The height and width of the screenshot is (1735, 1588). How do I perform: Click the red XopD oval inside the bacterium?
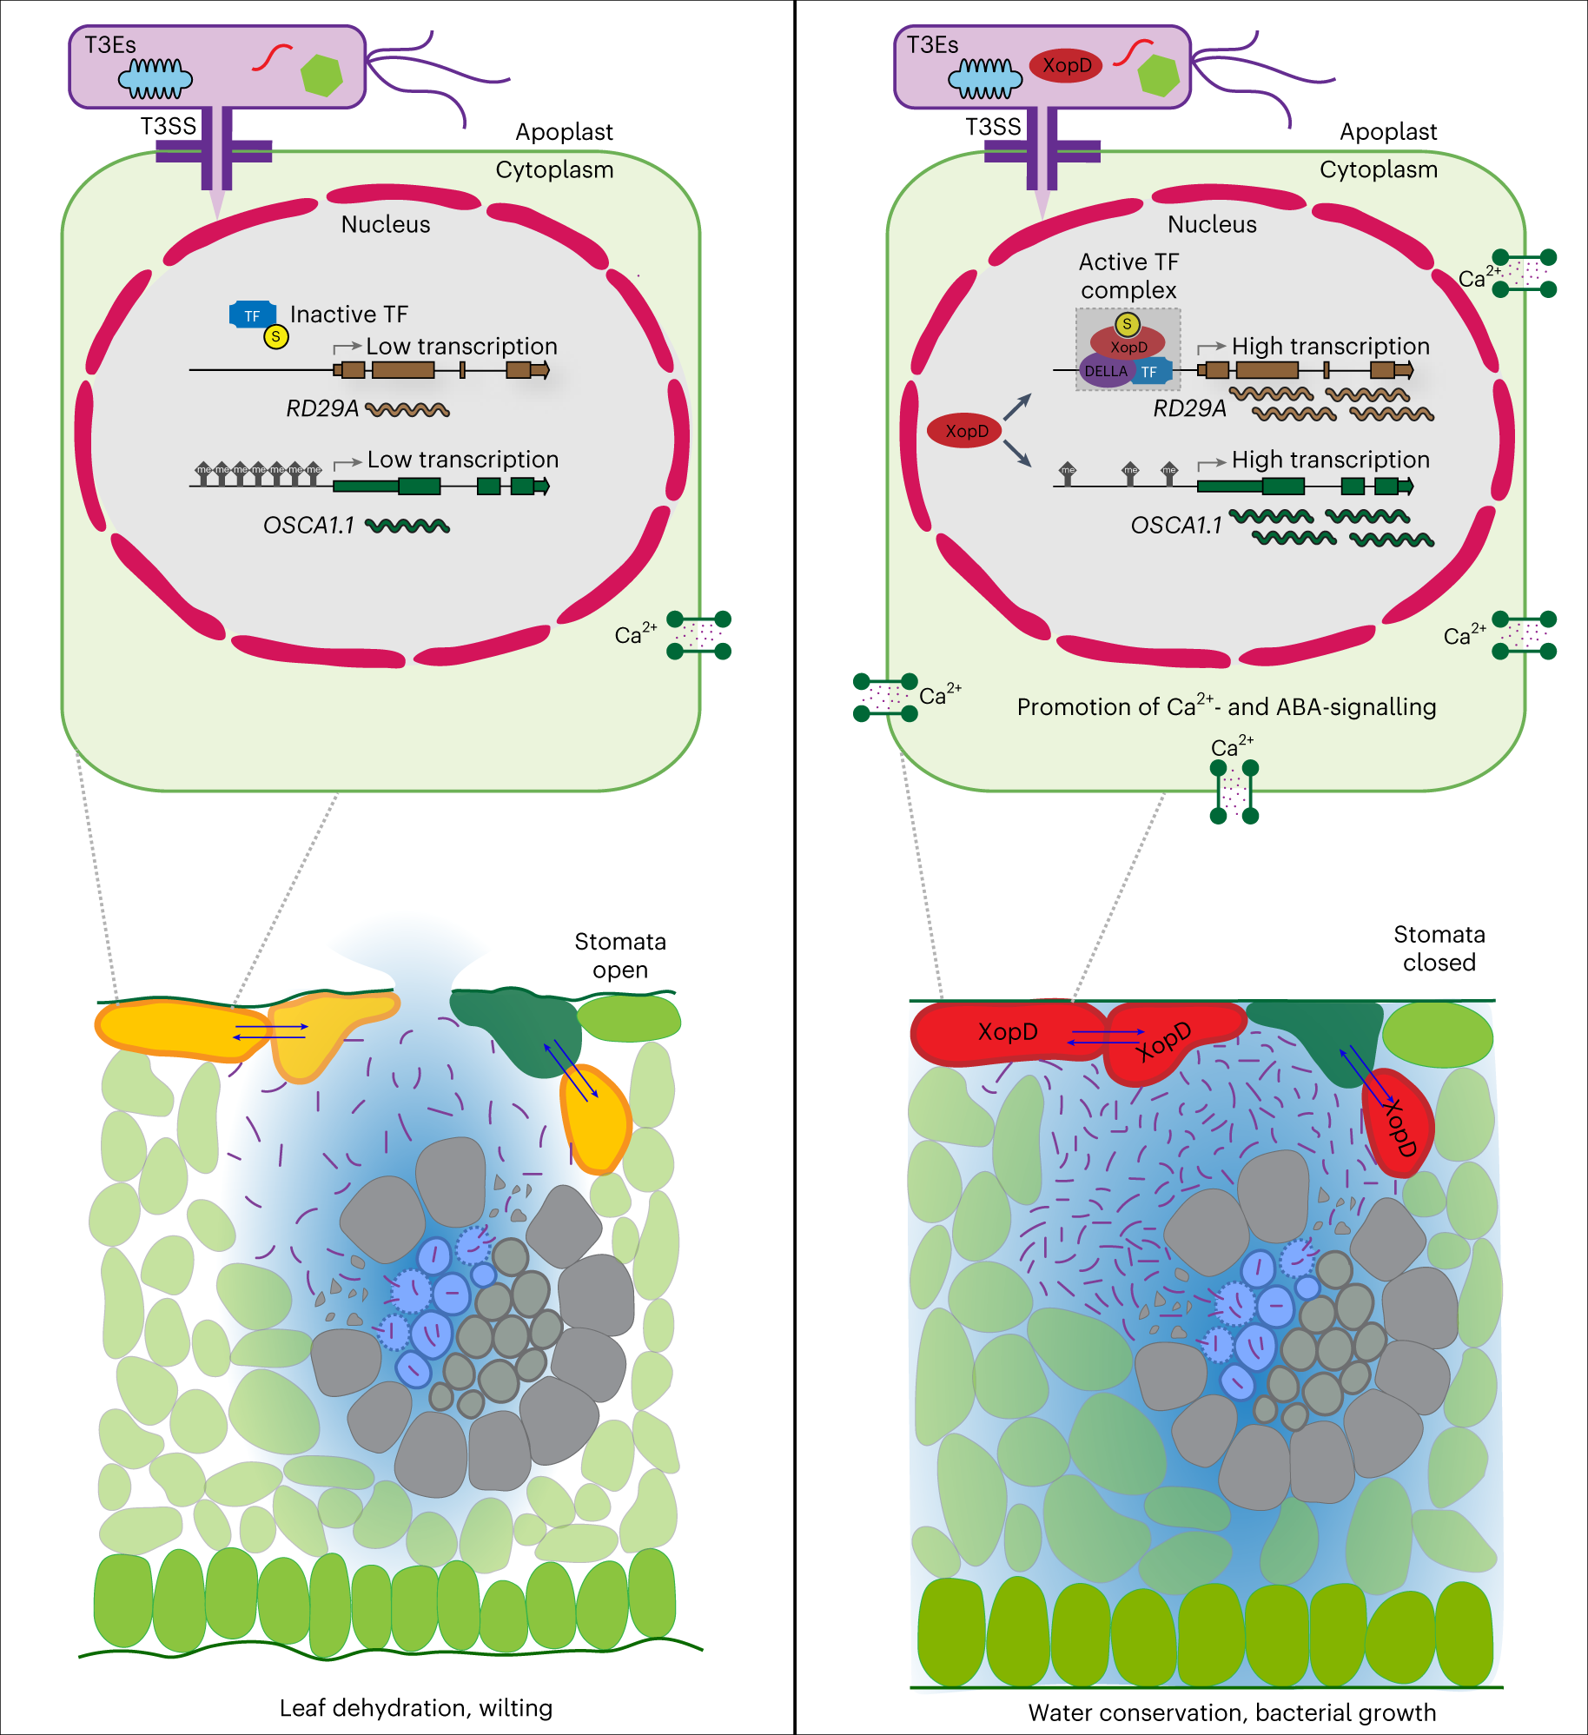pos(1066,66)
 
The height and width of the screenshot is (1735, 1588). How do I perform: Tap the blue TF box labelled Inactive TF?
pos(252,315)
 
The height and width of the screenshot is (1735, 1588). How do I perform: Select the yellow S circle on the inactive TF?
pos(276,336)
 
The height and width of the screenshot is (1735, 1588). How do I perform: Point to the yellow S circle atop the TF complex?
pos(1127,324)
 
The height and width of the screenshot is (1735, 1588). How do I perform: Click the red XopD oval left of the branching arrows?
pos(965,431)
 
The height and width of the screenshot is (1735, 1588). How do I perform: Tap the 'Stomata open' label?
pos(620,955)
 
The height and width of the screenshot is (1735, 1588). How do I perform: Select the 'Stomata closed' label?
pos(1439,948)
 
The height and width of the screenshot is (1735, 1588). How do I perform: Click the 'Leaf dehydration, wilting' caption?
pos(415,1707)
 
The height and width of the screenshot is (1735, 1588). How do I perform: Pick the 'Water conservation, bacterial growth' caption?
pos(1232,1712)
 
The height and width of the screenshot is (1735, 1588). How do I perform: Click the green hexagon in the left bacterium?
pos(321,75)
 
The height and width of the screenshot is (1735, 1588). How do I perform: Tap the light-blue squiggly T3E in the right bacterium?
pos(985,79)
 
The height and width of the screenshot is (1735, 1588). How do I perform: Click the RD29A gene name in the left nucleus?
pos(322,408)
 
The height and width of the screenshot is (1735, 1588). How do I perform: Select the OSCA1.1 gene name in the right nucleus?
pos(1175,526)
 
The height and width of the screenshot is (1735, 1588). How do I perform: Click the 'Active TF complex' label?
pos(1128,275)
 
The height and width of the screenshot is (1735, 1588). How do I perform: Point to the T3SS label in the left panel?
pos(169,127)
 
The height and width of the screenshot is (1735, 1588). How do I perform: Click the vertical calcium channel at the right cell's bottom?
pos(1234,791)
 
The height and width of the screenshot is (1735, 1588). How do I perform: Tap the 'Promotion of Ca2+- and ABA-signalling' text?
pos(1226,706)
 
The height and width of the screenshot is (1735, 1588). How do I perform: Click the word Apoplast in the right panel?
pos(1388,132)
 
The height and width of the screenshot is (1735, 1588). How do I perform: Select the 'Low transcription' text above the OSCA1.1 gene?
pos(462,459)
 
